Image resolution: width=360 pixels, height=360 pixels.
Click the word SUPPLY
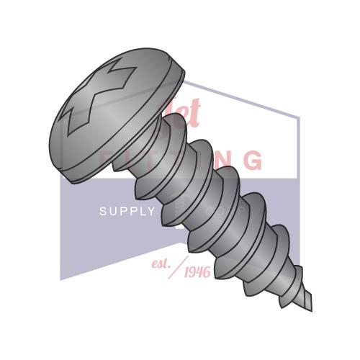[x=127, y=212]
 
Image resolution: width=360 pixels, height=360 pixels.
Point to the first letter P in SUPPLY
[x=122, y=212]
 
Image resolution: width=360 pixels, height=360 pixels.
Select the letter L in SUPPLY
[x=141, y=212]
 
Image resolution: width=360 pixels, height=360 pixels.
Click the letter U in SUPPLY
[x=112, y=212]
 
